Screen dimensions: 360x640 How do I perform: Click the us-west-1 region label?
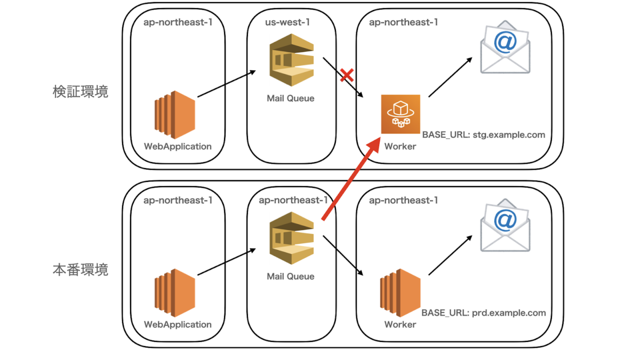[287, 22]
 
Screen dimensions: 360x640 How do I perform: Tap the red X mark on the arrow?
[347, 75]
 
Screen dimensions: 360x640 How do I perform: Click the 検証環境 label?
[81, 92]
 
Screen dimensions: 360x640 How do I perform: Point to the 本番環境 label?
[81, 270]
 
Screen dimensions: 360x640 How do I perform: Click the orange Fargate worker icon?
[401, 114]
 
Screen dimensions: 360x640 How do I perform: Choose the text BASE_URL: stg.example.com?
[484, 135]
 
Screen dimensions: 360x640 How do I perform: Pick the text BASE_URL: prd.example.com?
[484, 313]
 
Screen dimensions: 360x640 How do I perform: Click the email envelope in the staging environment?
[505, 47]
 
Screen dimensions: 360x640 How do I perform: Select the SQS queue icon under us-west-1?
[291, 60]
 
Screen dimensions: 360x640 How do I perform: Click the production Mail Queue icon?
[291, 238]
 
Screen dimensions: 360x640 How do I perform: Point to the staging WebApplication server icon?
[175, 115]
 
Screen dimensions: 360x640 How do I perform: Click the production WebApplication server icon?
[175, 293]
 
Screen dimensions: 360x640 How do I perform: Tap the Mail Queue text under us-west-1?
[291, 98]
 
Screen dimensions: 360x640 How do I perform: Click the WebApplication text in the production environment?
[178, 324]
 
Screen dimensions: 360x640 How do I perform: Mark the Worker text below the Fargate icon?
[400, 146]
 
